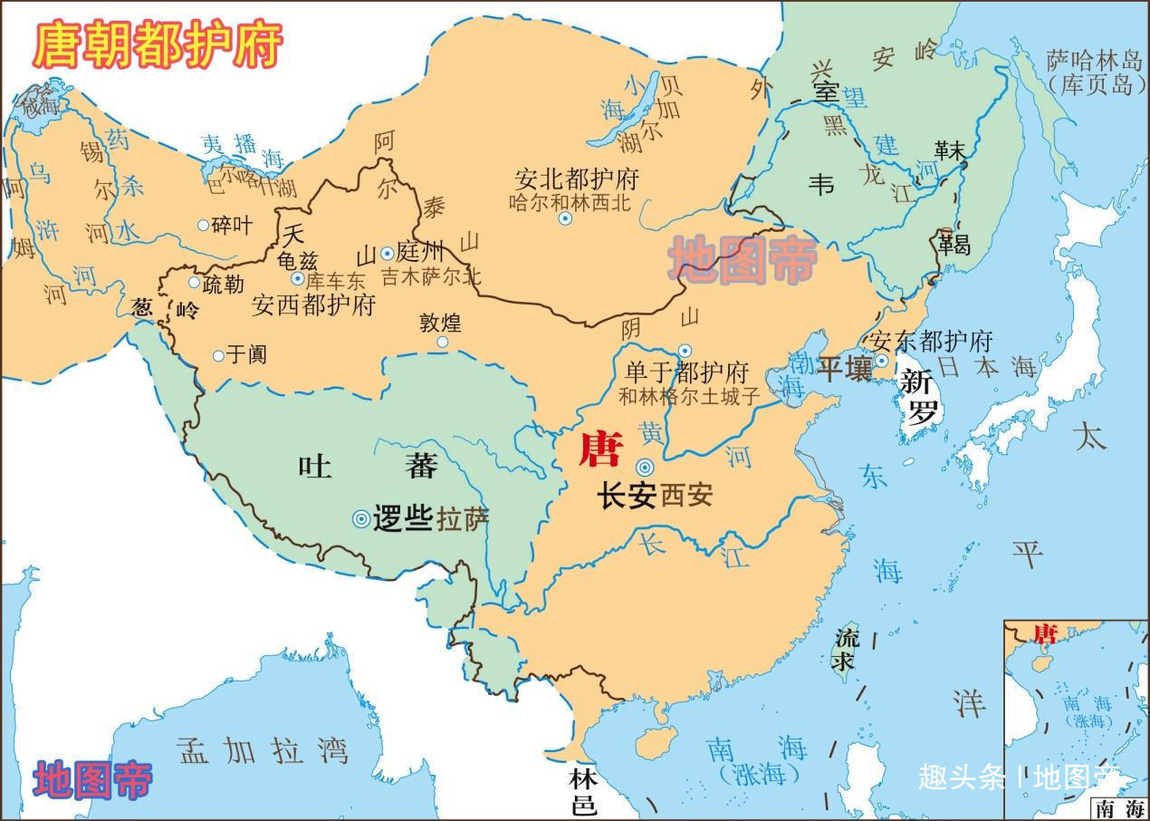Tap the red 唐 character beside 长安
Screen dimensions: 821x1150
(600, 449)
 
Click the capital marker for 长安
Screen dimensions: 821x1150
(645, 468)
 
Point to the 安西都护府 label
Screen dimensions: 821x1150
(313, 304)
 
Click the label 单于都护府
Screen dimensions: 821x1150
(687, 373)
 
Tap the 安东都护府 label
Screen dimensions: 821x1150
(931, 342)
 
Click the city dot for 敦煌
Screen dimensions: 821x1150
(443, 343)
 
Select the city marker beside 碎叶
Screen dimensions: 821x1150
(203, 225)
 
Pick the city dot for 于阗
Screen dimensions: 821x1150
(218, 356)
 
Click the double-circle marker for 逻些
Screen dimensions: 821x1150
(361, 518)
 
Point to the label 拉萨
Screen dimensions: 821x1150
(463, 519)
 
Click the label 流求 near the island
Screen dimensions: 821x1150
(845, 647)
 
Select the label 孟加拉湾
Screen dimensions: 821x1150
(264, 750)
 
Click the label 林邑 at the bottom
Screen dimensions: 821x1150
(583, 791)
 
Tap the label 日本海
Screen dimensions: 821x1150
(987, 367)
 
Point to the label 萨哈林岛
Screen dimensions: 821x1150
(1096, 61)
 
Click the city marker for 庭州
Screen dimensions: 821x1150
(388, 254)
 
